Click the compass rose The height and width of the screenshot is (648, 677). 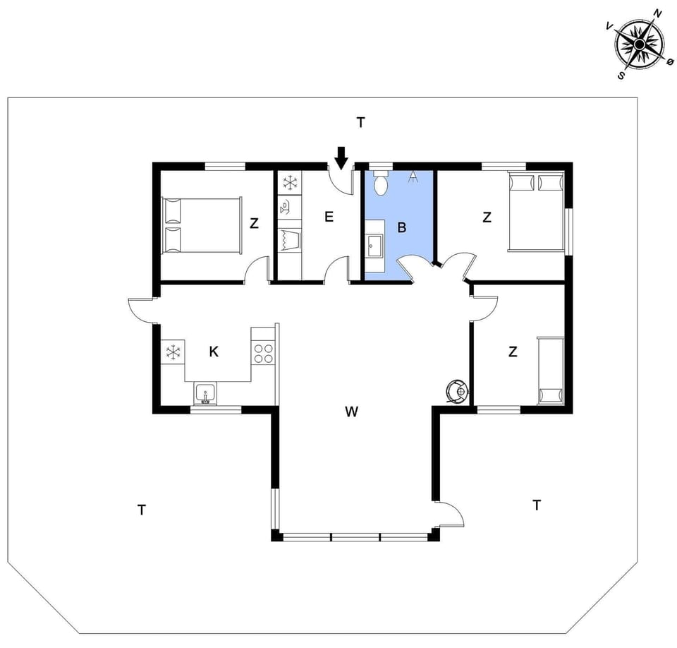pyautogui.click(x=639, y=44)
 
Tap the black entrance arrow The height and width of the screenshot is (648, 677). pyautogui.click(x=341, y=157)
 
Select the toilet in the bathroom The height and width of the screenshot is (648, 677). pyautogui.click(x=381, y=183)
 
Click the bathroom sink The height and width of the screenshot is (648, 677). pyautogui.click(x=374, y=246)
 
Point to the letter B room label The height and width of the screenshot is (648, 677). pyautogui.click(x=402, y=227)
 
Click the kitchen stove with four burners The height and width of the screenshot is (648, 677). pyautogui.click(x=263, y=353)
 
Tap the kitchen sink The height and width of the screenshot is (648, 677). pyautogui.click(x=206, y=394)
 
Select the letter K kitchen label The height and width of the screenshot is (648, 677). pyautogui.click(x=213, y=352)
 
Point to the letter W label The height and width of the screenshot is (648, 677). pyautogui.click(x=351, y=412)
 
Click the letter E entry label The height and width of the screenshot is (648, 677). pyautogui.click(x=329, y=217)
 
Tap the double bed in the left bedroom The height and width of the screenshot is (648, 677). pyautogui.click(x=202, y=226)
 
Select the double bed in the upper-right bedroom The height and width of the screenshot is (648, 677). pyautogui.click(x=536, y=212)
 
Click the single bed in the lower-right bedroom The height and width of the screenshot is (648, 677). pyautogui.click(x=551, y=371)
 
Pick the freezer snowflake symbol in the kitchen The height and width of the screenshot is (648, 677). pyautogui.click(x=173, y=352)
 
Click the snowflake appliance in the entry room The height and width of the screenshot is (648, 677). pyautogui.click(x=289, y=183)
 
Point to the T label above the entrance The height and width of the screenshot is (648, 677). pyautogui.click(x=360, y=123)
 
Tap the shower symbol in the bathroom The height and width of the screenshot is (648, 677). pyautogui.click(x=413, y=176)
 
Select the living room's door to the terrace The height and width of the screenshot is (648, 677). pyautogui.click(x=450, y=513)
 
